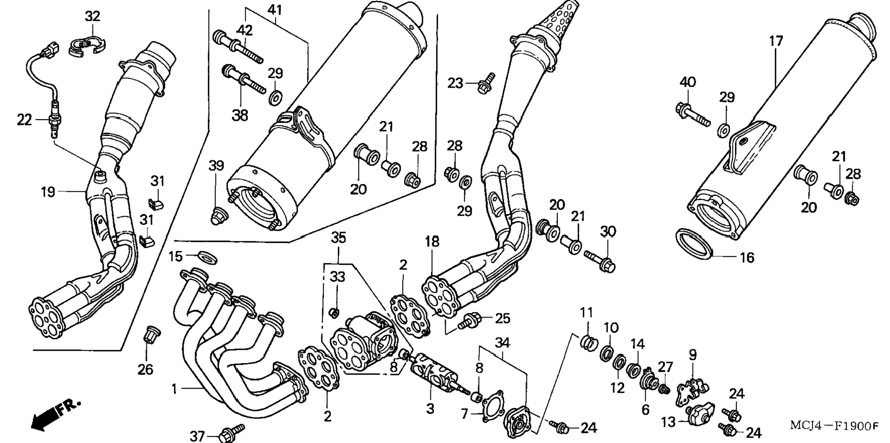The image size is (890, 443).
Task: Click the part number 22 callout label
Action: pos(24,120)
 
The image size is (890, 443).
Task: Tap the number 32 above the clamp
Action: pos(92,16)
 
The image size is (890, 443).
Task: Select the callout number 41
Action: pos(275,9)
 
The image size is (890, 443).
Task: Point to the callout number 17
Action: pos(776,41)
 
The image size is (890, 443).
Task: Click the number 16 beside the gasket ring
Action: pos(747,258)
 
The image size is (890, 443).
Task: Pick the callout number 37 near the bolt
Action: pos(197,436)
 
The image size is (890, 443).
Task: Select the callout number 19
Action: pos(48,192)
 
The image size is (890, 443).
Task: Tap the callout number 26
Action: pos(145,369)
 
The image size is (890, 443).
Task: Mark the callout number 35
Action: pos(338,238)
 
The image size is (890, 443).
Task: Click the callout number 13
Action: pos(668,421)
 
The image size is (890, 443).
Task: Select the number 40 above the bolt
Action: pos(688,83)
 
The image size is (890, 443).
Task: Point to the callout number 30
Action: pos(608,232)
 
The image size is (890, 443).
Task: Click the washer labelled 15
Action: pos(208,256)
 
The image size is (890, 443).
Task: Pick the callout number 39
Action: pos(216,165)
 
